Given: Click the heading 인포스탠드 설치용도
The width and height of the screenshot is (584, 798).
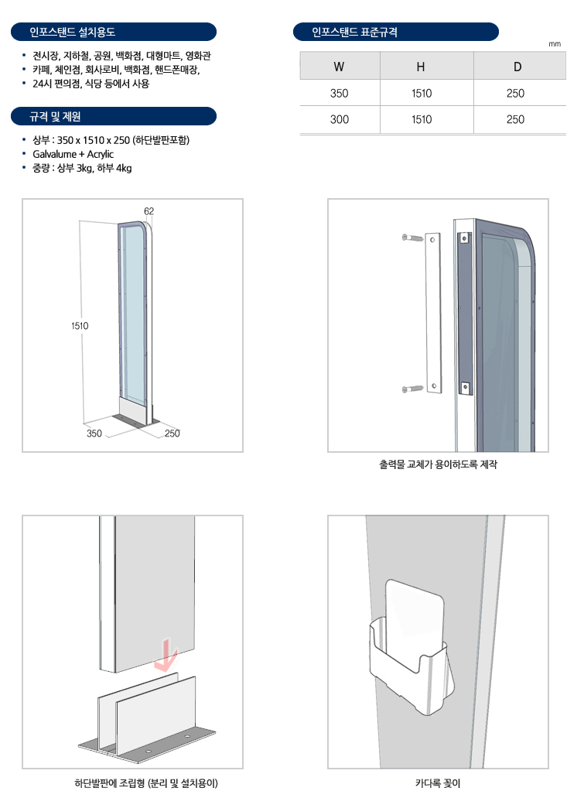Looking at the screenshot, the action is tap(72, 32).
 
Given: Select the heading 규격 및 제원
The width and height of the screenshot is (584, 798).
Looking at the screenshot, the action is tap(55, 117).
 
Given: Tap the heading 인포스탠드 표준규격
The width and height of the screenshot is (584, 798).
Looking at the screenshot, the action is tap(354, 32).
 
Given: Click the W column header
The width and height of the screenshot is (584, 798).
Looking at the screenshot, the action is tap(339, 67).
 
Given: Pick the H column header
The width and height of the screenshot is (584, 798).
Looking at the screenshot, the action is tap(421, 67).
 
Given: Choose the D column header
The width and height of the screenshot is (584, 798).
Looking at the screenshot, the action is tap(517, 67).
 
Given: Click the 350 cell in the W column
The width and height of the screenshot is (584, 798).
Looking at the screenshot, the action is tap(340, 93).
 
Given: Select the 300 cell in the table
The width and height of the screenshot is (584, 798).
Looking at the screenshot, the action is tap(340, 119).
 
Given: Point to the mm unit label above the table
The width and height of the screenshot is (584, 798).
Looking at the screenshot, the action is tap(555, 44).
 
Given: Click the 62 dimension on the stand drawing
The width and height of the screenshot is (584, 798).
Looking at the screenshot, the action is tap(149, 211).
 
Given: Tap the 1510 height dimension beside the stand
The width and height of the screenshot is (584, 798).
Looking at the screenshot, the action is tap(80, 326).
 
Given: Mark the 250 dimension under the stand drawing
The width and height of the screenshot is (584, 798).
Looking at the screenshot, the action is tap(172, 433).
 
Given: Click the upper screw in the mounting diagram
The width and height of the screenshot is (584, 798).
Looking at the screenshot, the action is tap(412, 238).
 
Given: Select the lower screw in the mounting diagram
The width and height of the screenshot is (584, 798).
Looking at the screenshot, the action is tap(412, 389).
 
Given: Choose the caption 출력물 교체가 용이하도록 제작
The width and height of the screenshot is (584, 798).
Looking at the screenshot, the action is tap(438, 464).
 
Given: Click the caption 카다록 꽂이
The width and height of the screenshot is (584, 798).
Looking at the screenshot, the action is tap(438, 783).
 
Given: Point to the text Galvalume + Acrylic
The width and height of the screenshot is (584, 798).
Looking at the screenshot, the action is tap(73, 154).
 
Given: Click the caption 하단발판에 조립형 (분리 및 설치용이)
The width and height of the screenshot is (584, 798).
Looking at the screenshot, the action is tap(146, 783).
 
